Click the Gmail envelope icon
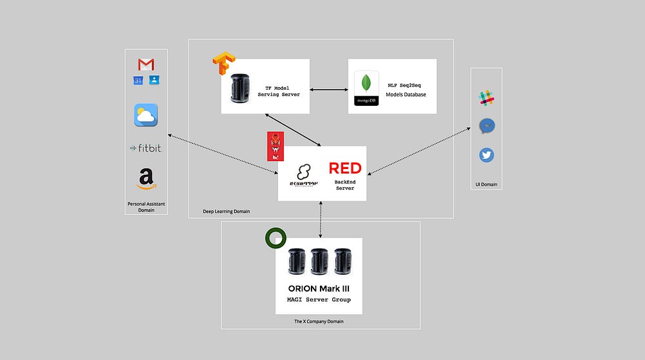(x=146, y=65)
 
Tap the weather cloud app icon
(x=146, y=115)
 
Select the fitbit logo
(x=146, y=148)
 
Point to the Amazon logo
(x=146, y=178)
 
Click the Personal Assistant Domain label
(x=146, y=206)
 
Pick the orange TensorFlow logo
(x=224, y=67)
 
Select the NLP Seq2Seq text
(x=406, y=85)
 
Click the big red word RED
(x=345, y=168)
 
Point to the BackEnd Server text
(x=344, y=185)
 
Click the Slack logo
(x=486, y=98)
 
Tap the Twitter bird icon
(x=486, y=155)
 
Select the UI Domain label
(x=486, y=185)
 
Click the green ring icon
(x=275, y=238)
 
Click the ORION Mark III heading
(x=319, y=288)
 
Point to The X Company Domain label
(x=319, y=321)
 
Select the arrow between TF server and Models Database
(x=329, y=90)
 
